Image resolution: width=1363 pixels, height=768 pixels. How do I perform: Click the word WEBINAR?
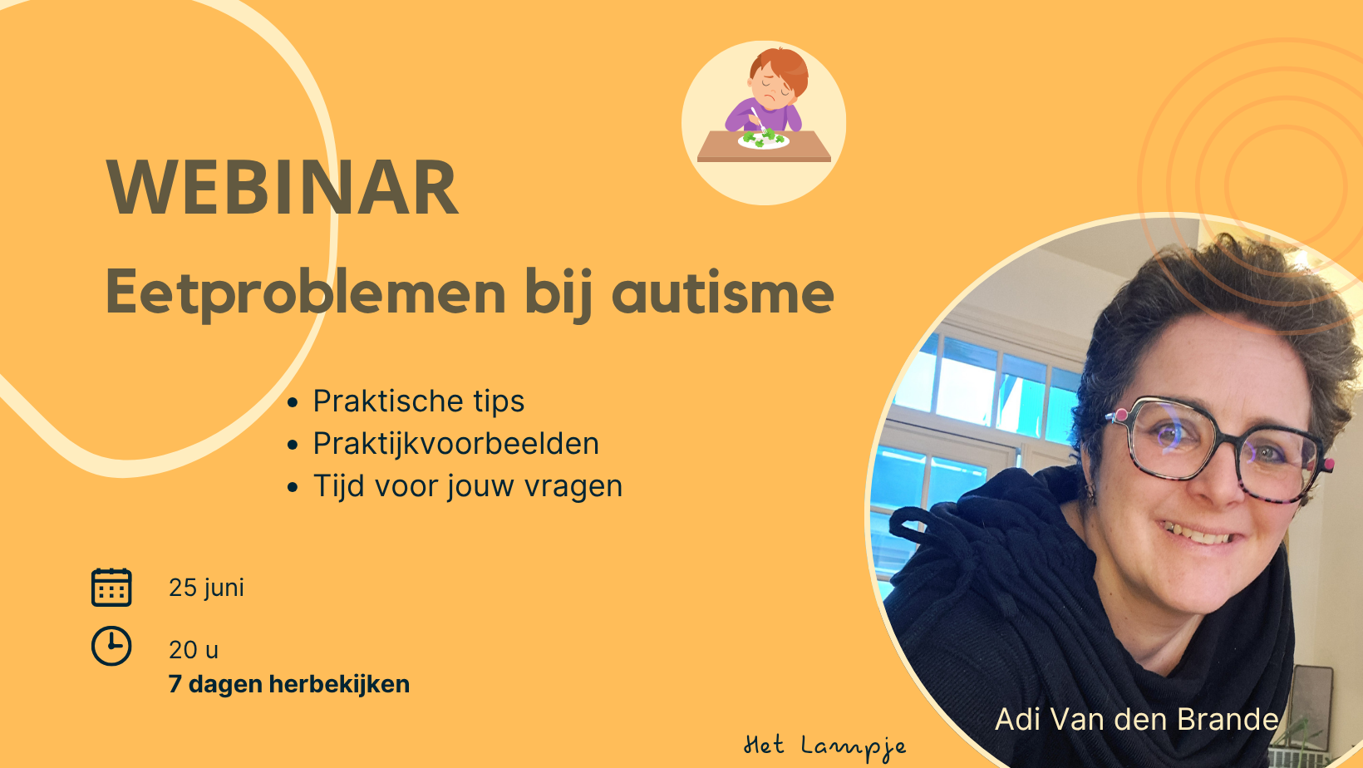282,187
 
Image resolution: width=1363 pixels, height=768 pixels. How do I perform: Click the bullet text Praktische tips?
419,401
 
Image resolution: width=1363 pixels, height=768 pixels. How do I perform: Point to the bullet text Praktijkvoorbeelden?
455,444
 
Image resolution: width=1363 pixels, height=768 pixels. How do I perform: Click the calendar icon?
111,588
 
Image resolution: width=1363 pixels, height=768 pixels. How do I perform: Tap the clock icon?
111,646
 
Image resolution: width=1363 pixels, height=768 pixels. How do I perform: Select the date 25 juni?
206,588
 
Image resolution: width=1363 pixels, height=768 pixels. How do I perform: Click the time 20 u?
194,650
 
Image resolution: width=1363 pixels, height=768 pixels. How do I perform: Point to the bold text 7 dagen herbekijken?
289,684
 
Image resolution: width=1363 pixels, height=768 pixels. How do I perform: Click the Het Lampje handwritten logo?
824,747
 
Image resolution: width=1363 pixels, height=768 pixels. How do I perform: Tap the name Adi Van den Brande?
1137,719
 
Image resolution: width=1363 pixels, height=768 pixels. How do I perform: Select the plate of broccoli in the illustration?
763,140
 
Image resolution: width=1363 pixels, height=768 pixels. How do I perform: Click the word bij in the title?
558,293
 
